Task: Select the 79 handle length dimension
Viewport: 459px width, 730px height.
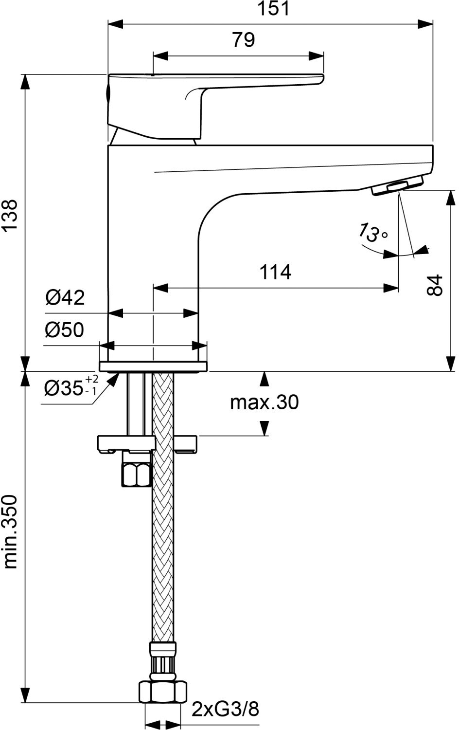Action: click(x=243, y=40)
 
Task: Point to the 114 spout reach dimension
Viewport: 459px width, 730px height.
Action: click(x=275, y=272)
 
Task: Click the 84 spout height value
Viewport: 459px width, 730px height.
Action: click(x=436, y=285)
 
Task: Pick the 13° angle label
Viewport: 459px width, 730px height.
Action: click(x=372, y=232)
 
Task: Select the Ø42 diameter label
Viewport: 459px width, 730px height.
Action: click(x=65, y=297)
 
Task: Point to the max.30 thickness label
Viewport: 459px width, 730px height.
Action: click(x=264, y=402)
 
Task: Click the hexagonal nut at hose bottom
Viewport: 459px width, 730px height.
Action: click(x=163, y=691)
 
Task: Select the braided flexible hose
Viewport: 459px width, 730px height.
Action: click(x=163, y=535)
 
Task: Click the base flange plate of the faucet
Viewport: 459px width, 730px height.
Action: click(x=153, y=366)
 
